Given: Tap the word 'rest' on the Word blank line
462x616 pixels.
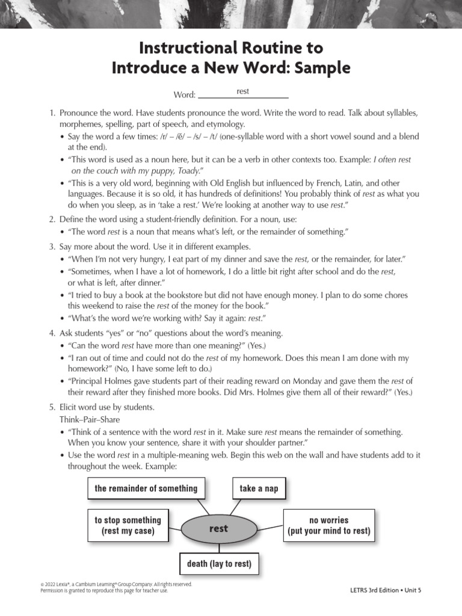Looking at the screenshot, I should (243, 91).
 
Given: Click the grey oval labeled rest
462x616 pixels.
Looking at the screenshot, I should (218, 529).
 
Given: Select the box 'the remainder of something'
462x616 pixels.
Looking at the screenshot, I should (146, 488).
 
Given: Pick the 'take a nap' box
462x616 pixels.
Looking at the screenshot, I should (259, 488).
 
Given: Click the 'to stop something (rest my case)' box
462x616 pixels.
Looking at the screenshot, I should (128, 526).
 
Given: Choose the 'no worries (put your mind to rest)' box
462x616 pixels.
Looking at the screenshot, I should (329, 526).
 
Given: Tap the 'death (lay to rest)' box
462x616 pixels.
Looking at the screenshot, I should (219, 564).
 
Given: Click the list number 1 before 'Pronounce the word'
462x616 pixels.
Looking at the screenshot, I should (52, 113).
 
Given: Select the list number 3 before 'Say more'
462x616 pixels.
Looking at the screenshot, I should (52, 247).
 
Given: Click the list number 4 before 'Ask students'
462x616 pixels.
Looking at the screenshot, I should (52, 333).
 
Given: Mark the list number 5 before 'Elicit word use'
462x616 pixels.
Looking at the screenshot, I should (52, 407).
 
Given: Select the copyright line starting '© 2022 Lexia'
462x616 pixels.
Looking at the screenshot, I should (116, 584).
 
